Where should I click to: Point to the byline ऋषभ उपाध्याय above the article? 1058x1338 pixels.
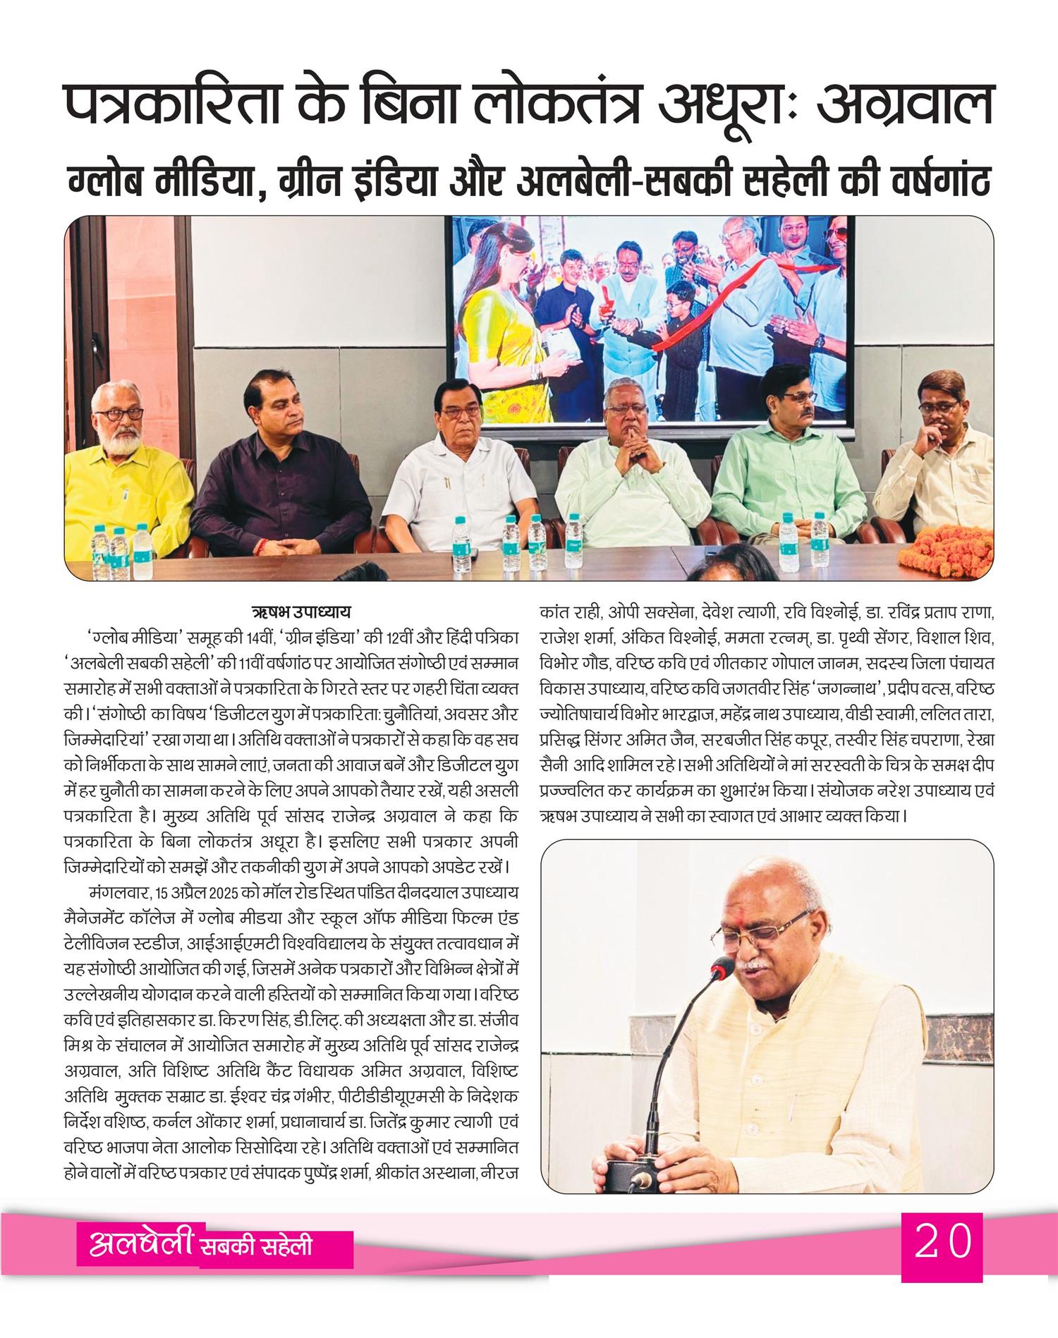pos(301,611)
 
